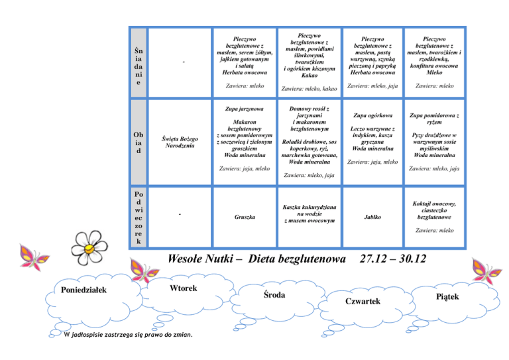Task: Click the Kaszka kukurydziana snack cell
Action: click(x=305, y=213)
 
